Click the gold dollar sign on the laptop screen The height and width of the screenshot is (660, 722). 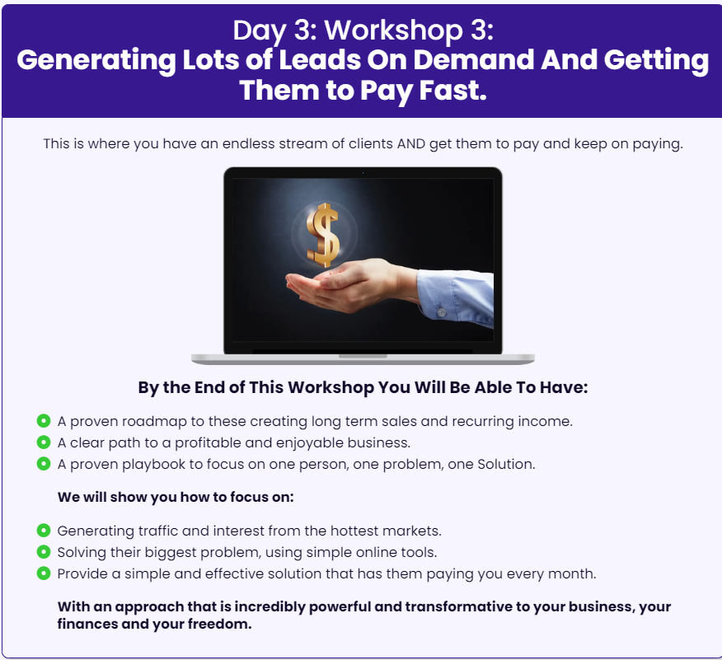tap(323, 235)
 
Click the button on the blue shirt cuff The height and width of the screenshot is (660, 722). tap(441, 312)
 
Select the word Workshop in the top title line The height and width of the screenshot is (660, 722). tap(394, 30)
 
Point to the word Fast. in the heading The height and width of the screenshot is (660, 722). tap(452, 90)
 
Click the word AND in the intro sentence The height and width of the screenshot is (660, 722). tap(411, 144)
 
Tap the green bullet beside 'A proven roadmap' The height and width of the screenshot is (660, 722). tap(44, 421)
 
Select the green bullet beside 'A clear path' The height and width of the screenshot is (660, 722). tap(44, 442)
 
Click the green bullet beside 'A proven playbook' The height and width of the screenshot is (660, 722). tap(44, 463)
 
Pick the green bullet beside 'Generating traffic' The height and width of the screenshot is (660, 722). tap(44, 531)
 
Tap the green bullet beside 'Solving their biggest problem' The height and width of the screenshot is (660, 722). tap(44, 552)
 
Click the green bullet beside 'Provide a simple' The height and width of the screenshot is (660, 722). tap(44, 573)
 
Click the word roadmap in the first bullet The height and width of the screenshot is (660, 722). tap(154, 422)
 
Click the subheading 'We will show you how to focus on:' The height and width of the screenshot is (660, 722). tap(176, 497)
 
